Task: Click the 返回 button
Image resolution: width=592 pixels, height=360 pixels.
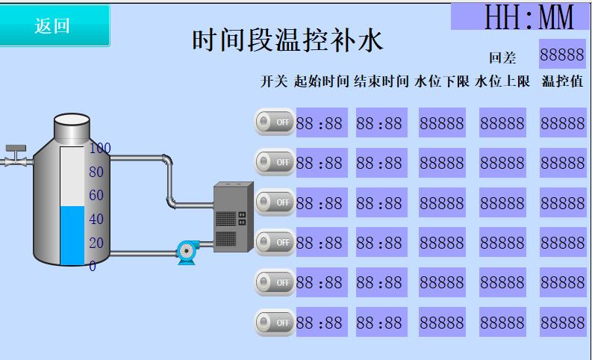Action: click(x=54, y=25)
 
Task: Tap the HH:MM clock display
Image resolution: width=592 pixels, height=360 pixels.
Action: click(x=520, y=16)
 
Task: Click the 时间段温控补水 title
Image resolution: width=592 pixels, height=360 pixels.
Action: click(x=287, y=42)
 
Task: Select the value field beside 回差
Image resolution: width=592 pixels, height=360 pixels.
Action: click(x=562, y=55)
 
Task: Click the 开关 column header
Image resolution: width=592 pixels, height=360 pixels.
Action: click(x=273, y=81)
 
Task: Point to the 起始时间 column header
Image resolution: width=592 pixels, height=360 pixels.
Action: click(x=322, y=81)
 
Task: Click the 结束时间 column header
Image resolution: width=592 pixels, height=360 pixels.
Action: click(x=381, y=81)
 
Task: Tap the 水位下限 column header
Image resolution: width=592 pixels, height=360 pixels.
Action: click(x=441, y=81)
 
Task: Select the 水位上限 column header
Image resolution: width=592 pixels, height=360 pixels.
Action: click(x=502, y=81)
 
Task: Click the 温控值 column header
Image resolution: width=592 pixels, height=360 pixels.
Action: click(x=562, y=81)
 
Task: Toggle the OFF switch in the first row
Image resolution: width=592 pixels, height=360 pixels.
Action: click(x=275, y=121)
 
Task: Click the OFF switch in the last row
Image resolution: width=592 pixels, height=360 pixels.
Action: click(x=275, y=322)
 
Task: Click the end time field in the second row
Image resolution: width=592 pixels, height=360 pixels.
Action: click(x=379, y=162)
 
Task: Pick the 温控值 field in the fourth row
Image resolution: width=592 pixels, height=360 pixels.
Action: click(x=562, y=243)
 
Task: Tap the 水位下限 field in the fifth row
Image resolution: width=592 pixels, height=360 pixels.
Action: click(x=441, y=282)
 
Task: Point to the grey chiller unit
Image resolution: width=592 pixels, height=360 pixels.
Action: click(x=233, y=217)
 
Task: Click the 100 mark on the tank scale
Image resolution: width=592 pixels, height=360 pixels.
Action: click(x=99, y=148)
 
